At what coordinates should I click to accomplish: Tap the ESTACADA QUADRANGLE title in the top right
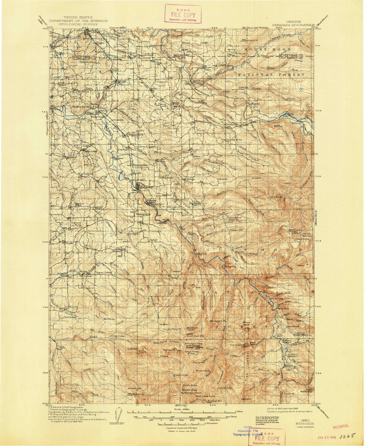click(x=293, y=25)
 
